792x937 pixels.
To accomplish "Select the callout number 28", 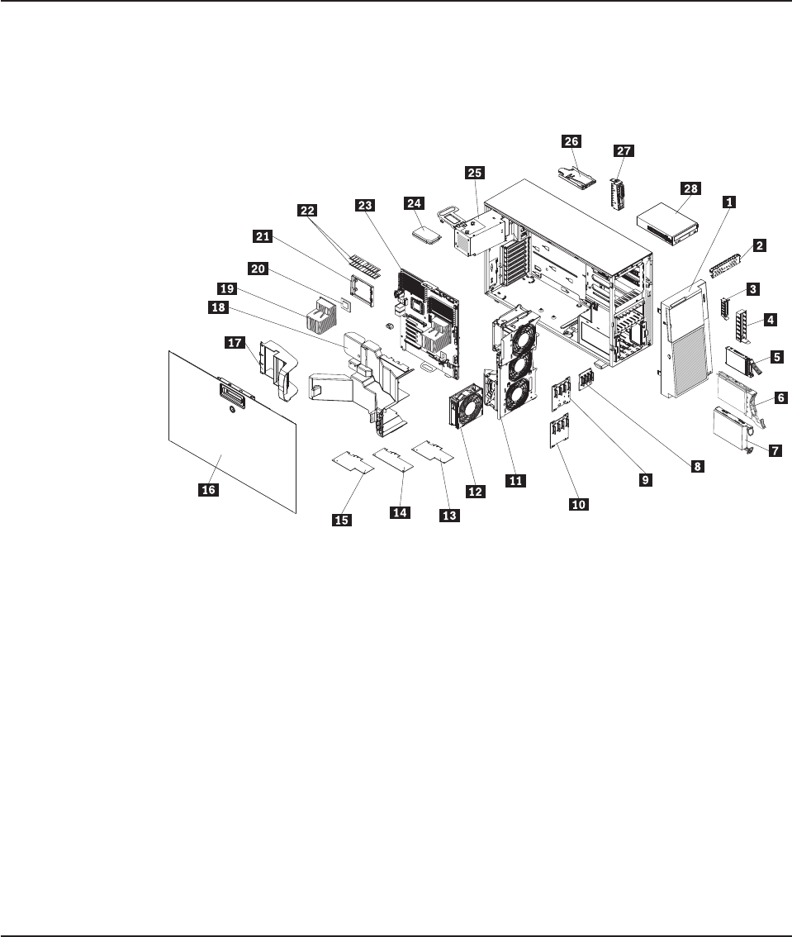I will (x=690, y=188).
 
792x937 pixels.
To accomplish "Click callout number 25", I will (x=475, y=173).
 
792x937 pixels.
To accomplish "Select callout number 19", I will (x=226, y=288).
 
